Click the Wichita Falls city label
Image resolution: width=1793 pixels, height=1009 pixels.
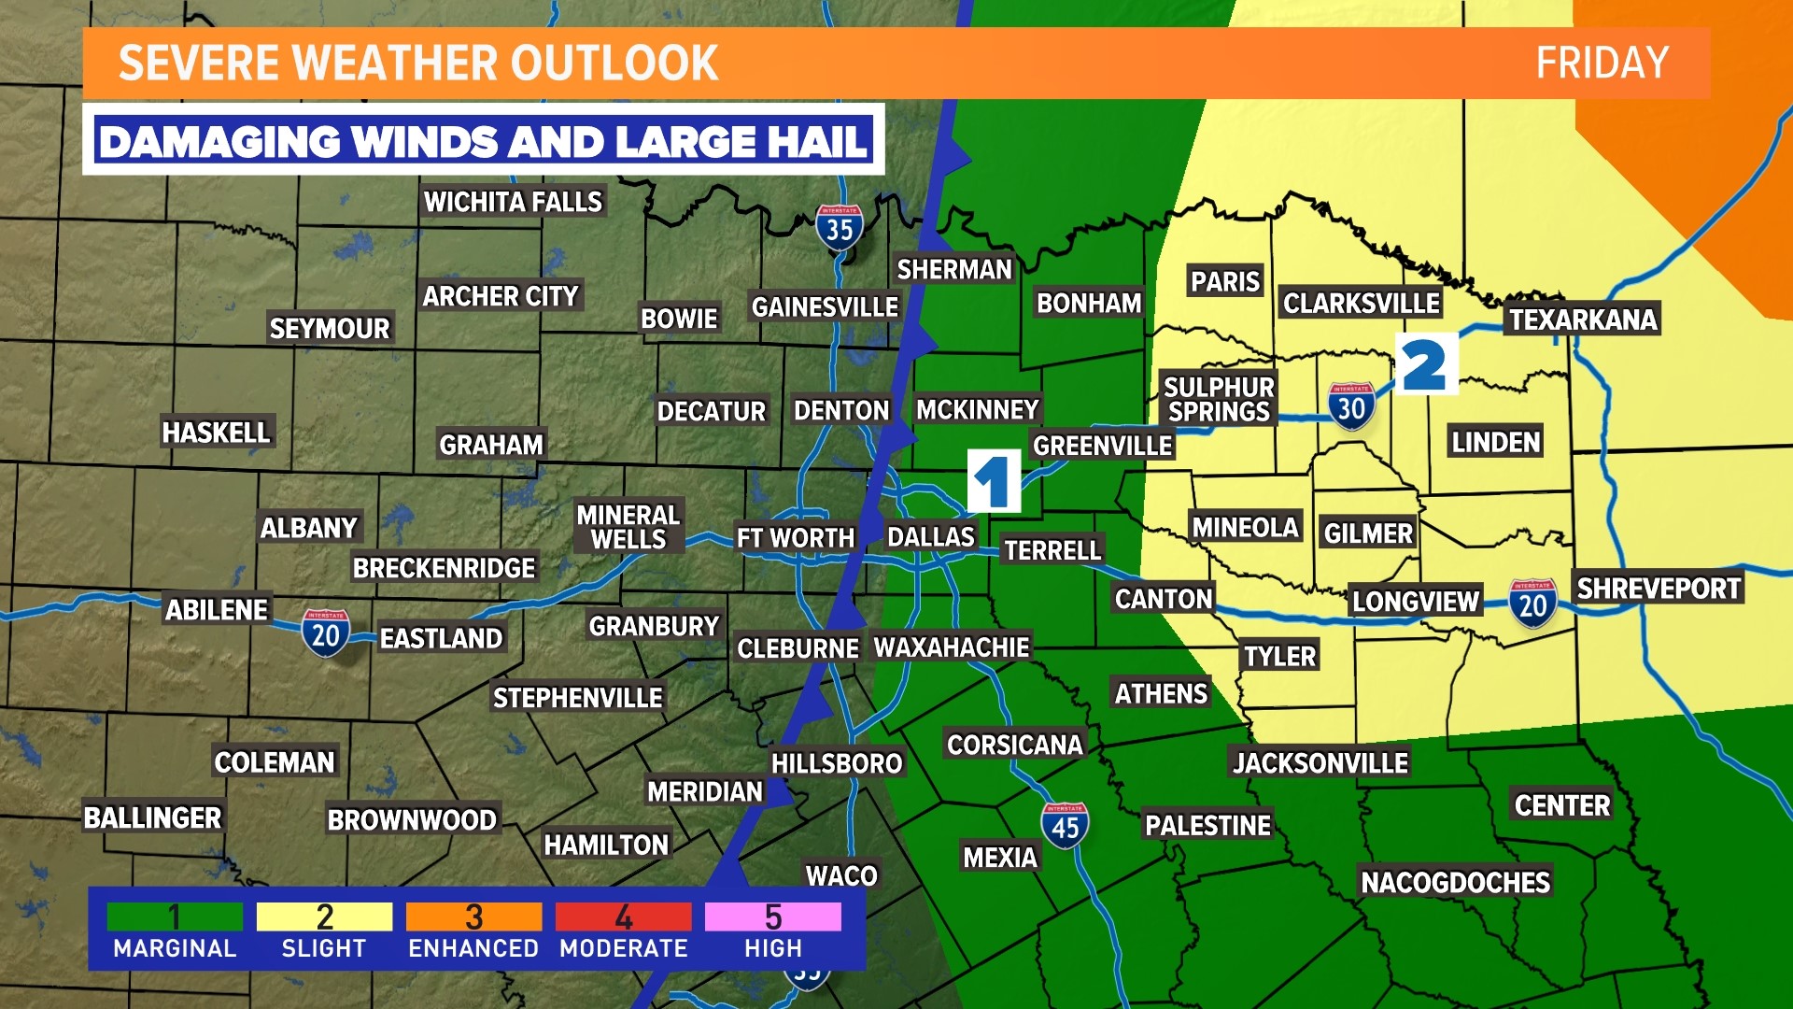(x=513, y=202)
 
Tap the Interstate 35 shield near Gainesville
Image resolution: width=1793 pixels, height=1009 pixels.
(x=839, y=227)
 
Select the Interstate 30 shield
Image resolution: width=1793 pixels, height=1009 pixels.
(x=1350, y=406)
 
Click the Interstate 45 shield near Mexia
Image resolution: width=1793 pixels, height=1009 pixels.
(x=1065, y=826)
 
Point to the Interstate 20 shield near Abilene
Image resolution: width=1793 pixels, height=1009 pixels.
(x=325, y=633)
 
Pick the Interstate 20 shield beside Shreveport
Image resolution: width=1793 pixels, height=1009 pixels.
(x=1532, y=604)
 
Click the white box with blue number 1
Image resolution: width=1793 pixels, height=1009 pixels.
(x=994, y=481)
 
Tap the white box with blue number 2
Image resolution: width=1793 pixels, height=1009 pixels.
(x=1426, y=364)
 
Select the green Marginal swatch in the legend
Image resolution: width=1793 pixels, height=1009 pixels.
(x=175, y=917)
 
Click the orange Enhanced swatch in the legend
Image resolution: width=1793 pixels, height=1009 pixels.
(x=473, y=917)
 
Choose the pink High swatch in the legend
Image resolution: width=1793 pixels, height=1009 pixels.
(x=772, y=917)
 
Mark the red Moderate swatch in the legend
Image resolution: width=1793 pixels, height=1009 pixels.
(x=623, y=917)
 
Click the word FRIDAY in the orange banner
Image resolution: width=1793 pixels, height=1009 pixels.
(x=1602, y=64)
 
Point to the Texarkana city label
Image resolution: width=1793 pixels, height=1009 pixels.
(x=1583, y=320)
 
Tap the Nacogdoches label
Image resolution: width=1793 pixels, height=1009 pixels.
(x=1455, y=882)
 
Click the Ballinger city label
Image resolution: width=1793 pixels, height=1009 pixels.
(x=153, y=817)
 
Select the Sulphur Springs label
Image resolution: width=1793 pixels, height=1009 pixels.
(x=1219, y=400)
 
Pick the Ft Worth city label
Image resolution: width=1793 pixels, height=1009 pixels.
(x=795, y=538)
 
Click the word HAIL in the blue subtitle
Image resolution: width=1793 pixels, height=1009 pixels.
(x=818, y=142)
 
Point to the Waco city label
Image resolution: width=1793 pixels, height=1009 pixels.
(x=841, y=875)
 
